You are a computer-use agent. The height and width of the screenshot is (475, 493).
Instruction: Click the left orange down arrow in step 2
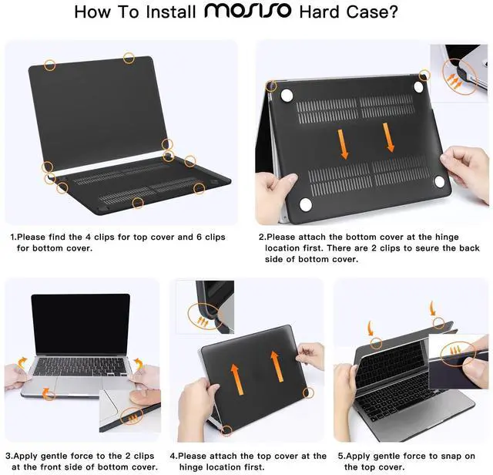(344, 143)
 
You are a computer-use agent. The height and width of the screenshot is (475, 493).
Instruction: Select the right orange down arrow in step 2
(389, 137)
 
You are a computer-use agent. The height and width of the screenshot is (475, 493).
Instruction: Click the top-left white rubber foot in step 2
(287, 93)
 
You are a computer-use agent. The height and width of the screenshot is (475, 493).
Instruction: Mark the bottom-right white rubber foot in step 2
(439, 182)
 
